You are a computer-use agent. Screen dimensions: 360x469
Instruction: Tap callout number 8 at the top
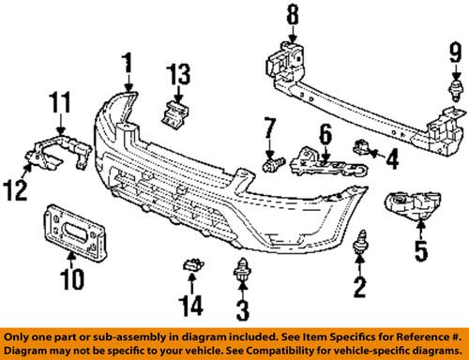(292, 16)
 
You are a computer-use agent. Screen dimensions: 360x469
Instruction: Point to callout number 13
(179, 74)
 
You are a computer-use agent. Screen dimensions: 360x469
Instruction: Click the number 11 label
(60, 100)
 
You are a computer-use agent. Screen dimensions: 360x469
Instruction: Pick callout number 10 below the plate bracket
(69, 277)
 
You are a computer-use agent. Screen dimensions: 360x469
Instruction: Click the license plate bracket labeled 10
(70, 230)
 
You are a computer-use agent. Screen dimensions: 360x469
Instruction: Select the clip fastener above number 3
(242, 268)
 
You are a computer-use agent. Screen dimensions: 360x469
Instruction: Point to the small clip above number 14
(192, 266)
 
